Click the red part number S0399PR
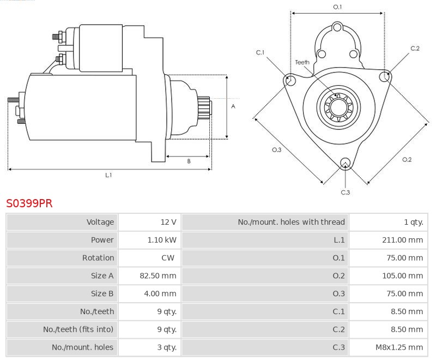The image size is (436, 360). point(29,203)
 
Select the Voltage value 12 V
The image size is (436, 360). point(168,222)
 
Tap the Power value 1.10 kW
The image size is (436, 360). point(162,240)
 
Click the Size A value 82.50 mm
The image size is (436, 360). point(158,276)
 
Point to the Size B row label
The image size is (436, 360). point(102,294)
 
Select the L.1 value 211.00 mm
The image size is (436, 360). point(402,240)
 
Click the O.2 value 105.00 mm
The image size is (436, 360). point(402,276)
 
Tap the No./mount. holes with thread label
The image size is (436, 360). point(291,222)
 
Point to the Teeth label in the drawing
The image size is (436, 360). point(302,62)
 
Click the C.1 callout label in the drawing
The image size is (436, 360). point(260,52)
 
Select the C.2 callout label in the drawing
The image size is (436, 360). point(415,49)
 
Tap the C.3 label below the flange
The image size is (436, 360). point(345,192)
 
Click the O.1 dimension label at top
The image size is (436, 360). point(337,7)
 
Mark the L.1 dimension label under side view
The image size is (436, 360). point(108,175)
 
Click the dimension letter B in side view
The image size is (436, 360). point(189,161)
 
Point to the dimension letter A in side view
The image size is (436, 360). point(233,106)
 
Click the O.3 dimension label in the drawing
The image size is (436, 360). point(276,150)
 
